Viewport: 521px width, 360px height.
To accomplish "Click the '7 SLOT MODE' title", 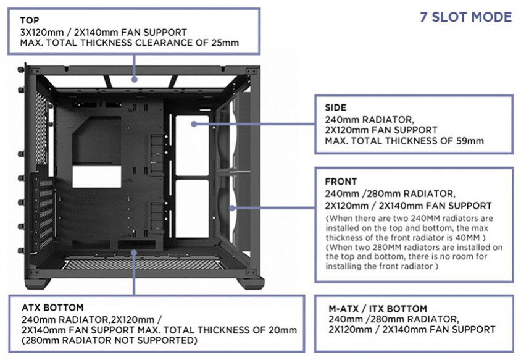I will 465,17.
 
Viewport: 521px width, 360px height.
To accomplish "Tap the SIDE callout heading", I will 336,107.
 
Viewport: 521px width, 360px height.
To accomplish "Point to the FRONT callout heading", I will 341,182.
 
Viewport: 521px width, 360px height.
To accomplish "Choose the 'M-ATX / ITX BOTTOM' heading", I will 378,309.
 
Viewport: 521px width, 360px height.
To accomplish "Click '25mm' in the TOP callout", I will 225,43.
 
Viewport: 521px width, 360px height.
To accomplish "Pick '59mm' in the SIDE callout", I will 469,141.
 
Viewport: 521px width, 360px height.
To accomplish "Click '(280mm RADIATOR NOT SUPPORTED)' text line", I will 109,340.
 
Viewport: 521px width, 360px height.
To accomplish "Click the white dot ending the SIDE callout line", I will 194,123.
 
